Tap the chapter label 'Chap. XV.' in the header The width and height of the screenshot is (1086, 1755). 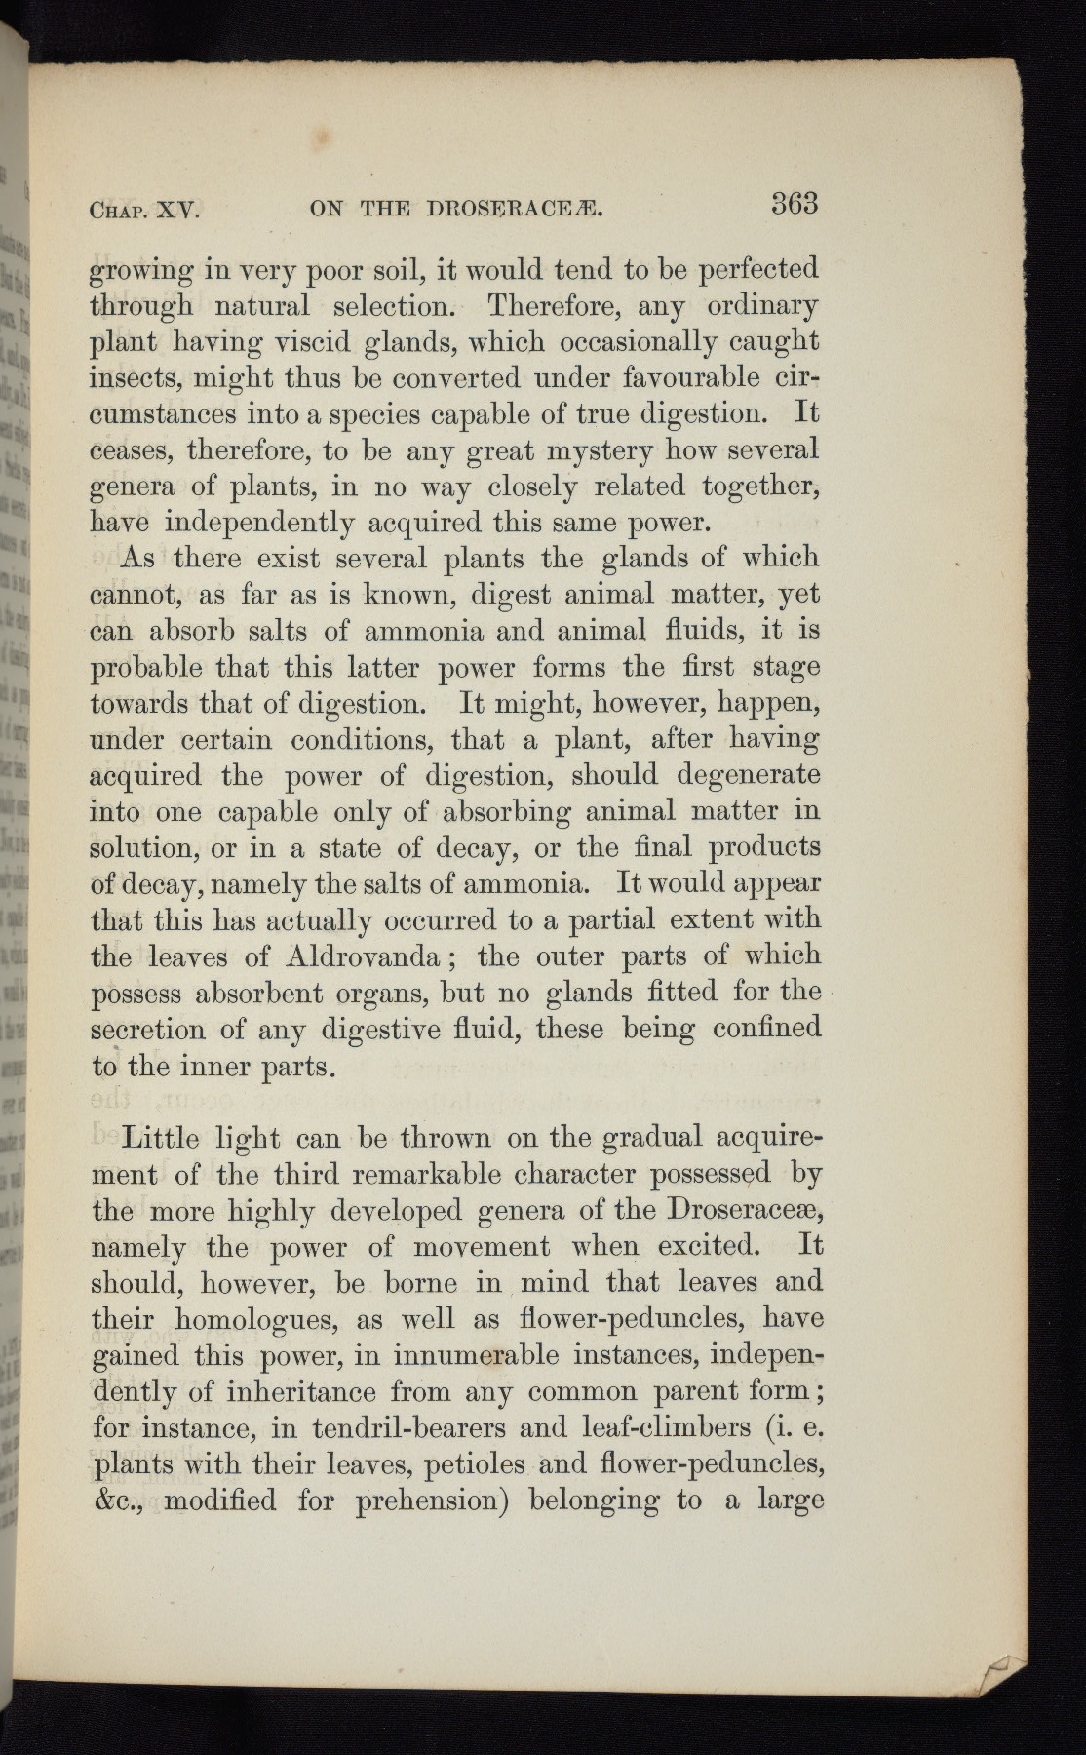(144, 210)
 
